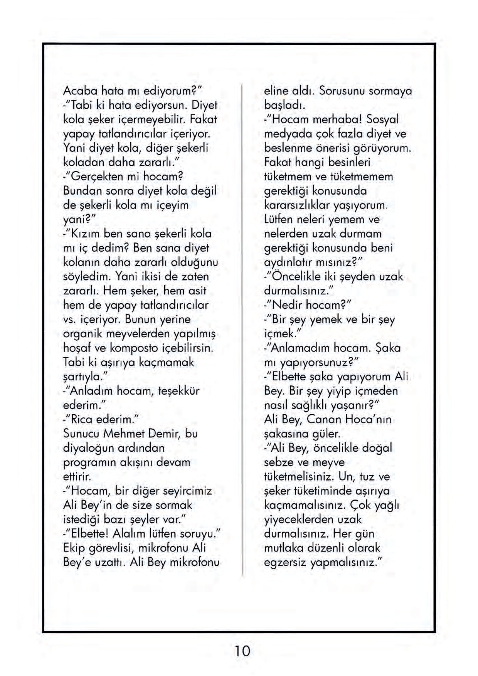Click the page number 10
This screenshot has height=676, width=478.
(242, 651)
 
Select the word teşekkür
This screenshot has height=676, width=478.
(178, 391)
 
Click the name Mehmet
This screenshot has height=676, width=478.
(123, 434)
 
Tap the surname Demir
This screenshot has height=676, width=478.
(163, 434)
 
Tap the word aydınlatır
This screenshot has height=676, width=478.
(288, 262)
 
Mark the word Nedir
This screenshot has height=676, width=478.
(287, 305)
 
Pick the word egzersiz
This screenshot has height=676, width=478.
(285, 562)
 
